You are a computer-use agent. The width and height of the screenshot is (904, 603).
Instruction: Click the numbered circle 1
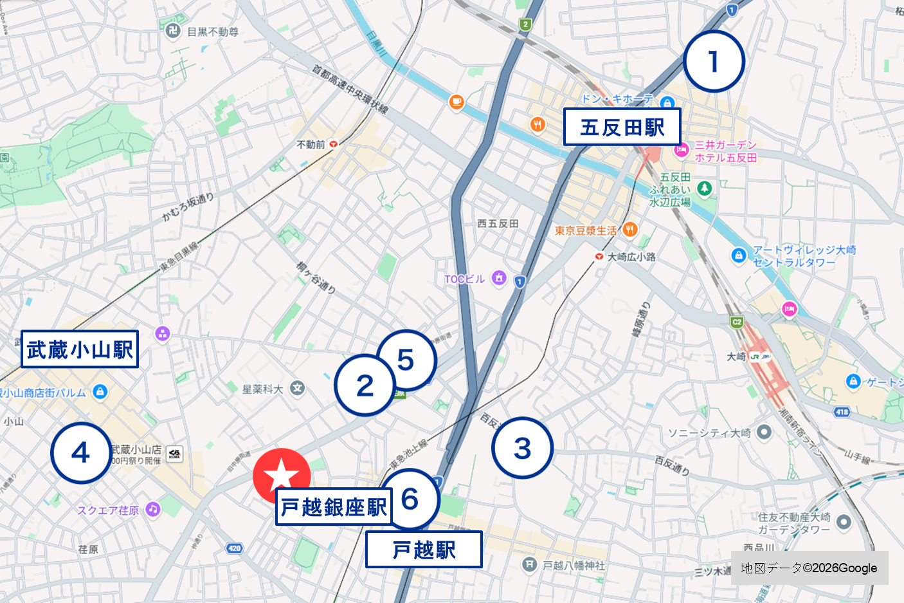click(x=714, y=62)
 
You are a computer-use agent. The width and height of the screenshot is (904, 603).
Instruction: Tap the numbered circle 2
click(x=365, y=385)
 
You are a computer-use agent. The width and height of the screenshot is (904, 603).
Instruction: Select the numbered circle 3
click(x=522, y=449)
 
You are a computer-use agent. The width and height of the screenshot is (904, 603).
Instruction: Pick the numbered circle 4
click(x=80, y=453)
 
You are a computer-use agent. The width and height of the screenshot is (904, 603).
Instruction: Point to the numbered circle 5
click(x=406, y=360)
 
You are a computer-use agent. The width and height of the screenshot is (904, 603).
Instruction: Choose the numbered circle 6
click(x=410, y=499)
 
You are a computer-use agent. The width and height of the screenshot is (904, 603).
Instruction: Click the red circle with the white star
click(x=281, y=476)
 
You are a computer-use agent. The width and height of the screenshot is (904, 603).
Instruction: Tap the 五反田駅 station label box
click(x=622, y=127)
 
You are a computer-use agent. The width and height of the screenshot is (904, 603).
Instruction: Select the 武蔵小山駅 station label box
click(x=80, y=349)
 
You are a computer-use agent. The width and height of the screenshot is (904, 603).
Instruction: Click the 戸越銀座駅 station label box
click(x=334, y=507)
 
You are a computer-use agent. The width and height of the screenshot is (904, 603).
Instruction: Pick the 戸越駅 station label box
click(x=424, y=550)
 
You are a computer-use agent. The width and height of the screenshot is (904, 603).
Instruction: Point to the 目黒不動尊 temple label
click(x=212, y=32)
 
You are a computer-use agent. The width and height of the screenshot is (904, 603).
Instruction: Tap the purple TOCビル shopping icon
click(x=499, y=278)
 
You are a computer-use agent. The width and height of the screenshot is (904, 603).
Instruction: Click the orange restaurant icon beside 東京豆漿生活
click(x=630, y=229)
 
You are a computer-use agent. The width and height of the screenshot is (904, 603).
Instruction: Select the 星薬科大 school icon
click(x=297, y=388)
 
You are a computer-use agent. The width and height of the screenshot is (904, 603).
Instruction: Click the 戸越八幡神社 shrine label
click(x=574, y=565)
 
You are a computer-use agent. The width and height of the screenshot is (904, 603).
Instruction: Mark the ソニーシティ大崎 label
click(x=709, y=432)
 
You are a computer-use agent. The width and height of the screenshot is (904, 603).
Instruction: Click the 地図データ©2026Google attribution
click(x=809, y=568)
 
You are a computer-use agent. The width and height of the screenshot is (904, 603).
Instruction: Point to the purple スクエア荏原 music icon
click(x=152, y=509)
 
